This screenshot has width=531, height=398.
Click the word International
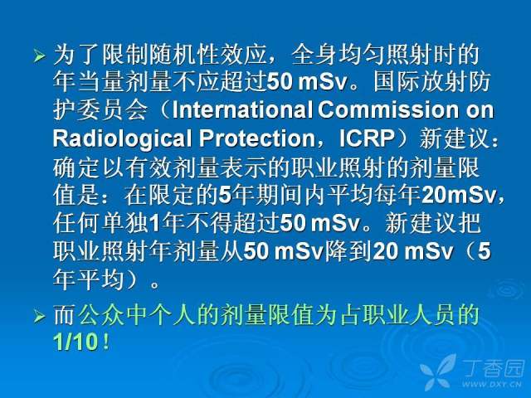[x=242, y=109]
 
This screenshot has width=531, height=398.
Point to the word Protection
[x=257, y=138]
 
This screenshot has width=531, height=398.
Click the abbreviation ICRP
[x=368, y=138]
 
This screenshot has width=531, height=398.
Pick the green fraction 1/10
[x=76, y=342]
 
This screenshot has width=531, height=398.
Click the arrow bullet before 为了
[x=39, y=56]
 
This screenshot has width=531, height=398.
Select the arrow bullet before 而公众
[x=39, y=317]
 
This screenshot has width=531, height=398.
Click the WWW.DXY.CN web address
[x=492, y=384]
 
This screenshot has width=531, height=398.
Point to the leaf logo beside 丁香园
[x=439, y=372]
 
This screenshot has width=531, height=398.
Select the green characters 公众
[x=101, y=315]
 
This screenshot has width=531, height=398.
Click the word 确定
[x=76, y=167]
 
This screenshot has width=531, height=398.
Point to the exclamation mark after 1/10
[x=106, y=342]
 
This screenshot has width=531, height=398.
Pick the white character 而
[x=65, y=315]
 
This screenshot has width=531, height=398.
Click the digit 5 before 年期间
[x=225, y=196]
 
